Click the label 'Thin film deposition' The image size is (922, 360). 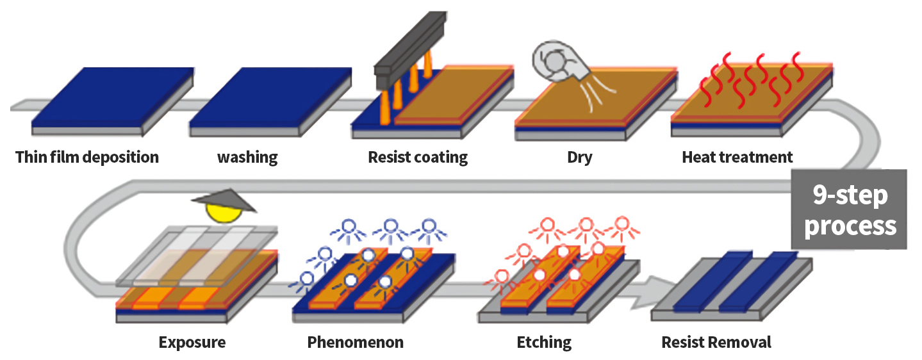click(87, 157)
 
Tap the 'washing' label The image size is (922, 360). click(247, 157)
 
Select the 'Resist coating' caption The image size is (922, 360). click(418, 157)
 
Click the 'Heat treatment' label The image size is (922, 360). click(737, 157)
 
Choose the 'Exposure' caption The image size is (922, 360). click(192, 342)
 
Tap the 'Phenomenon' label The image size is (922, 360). click(356, 342)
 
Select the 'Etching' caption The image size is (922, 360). click(544, 342)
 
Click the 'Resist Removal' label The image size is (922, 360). click(716, 342)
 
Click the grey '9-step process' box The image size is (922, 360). click(850, 209)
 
